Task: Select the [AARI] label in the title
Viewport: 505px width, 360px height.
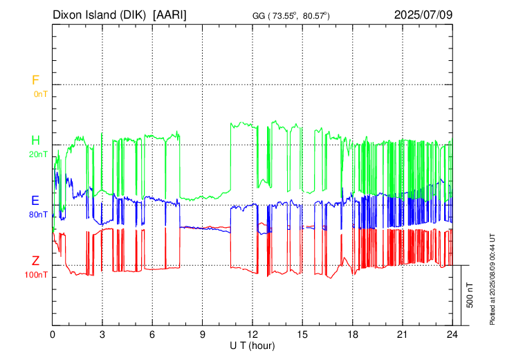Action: point(169,15)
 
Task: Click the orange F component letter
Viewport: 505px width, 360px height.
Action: point(35,80)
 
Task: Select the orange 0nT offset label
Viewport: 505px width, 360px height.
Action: point(39,93)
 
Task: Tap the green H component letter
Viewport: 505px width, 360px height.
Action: point(35,141)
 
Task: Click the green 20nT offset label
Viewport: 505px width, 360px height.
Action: point(39,154)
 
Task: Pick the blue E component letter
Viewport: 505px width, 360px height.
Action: point(35,201)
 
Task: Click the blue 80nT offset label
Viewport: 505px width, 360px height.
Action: point(39,214)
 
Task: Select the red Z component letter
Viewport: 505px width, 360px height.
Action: point(35,261)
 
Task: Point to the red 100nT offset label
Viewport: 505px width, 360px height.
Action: point(37,275)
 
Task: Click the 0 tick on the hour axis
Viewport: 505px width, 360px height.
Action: point(53,334)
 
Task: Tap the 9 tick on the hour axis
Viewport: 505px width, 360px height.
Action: point(203,334)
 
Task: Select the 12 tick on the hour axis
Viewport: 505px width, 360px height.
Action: point(252,334)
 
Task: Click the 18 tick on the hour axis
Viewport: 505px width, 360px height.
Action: point(353,334)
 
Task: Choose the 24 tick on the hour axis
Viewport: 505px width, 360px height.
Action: point(452,334)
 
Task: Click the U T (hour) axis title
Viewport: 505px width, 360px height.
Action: point(253,345)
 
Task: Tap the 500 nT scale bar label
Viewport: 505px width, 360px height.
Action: point(470,294)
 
